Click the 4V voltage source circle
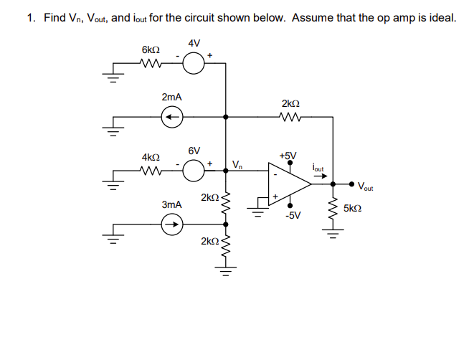pos(194,65)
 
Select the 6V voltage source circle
pos(194,171)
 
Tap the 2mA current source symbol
pos(171,116)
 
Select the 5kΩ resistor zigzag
pos(331,210)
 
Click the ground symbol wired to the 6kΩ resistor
pos(112,77)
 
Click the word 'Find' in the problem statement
pos(55,18)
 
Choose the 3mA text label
pos(171,204)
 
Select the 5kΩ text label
pos(352,209)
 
